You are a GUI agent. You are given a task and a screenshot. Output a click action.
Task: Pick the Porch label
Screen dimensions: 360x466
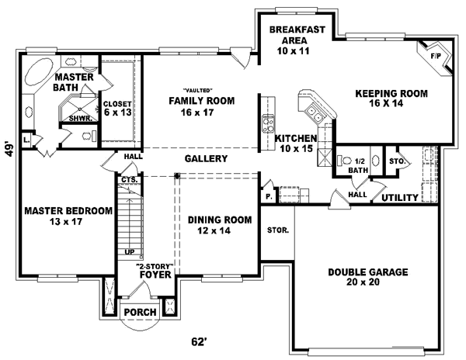[141, 313]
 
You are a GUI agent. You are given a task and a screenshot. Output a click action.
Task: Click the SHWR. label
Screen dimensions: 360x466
[80, 119]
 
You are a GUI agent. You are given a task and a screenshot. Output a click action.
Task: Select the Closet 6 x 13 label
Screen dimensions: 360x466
[116, 109]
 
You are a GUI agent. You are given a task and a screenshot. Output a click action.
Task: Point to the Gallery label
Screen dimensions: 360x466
[206, 159]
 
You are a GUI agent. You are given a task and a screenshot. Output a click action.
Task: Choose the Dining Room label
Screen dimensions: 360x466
[220, 225]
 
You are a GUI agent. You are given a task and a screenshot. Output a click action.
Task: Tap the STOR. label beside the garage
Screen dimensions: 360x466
[277, 230]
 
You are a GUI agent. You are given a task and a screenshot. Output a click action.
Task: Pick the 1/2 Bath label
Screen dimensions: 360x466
[358, 164]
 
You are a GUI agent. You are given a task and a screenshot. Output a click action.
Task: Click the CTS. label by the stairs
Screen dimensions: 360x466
[128, 180]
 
